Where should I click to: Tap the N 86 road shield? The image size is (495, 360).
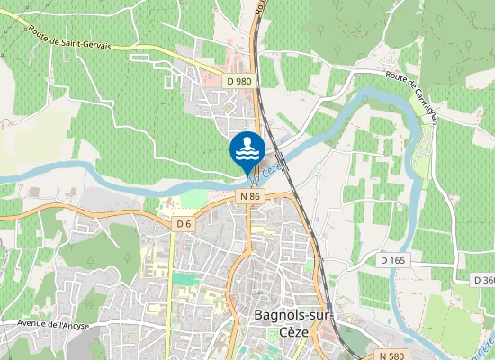[250, 195]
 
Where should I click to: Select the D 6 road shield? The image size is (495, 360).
[184, 223]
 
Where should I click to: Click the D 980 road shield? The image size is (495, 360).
[239, 81]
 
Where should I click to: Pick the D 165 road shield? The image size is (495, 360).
[393, 260]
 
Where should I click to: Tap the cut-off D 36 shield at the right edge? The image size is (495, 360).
[484, 280]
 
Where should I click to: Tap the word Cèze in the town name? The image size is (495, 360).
[271, 331]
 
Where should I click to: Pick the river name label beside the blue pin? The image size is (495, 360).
[274, 166]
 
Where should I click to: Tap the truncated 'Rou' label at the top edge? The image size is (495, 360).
[259, 7]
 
